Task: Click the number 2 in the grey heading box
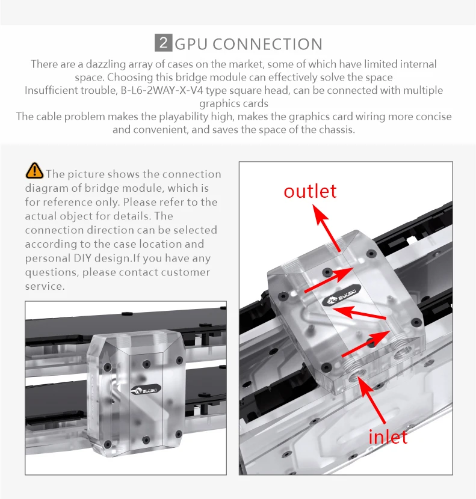[164, 43]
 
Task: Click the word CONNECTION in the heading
[268, 44]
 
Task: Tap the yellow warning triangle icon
[34, 171]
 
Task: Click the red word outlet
[310, 191]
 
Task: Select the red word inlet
[388, 436]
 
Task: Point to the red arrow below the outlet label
[327, 228]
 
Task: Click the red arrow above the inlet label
[371, 400]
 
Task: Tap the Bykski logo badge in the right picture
[341, 296]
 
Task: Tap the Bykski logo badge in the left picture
[146, 390]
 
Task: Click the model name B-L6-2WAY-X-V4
[161, 90]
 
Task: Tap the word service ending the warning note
[45, 286]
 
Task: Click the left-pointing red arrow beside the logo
[359, 312]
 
